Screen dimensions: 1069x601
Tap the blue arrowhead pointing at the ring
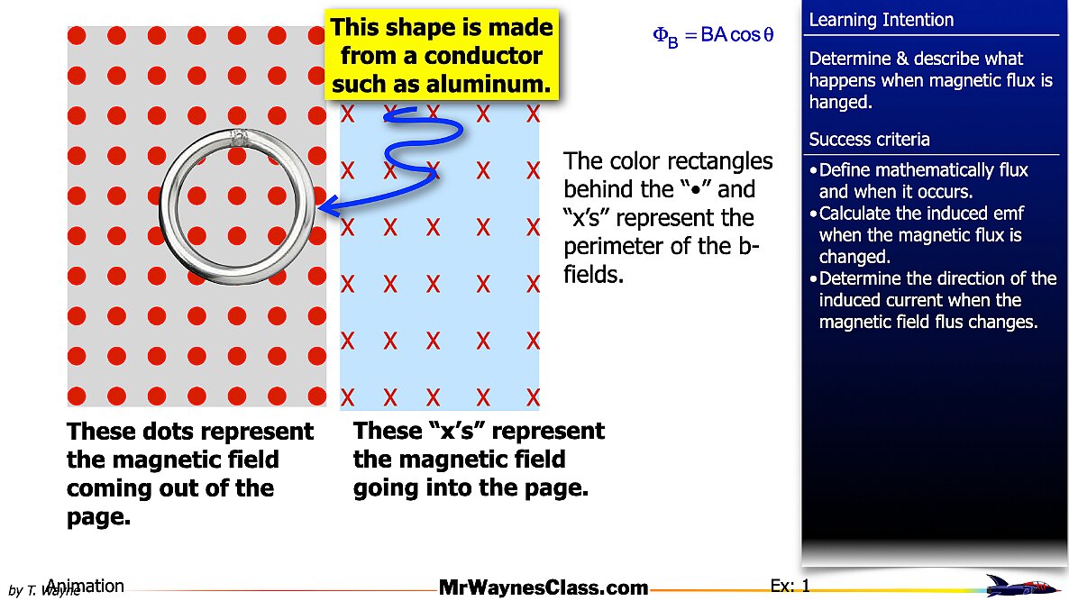(x=330, y=205)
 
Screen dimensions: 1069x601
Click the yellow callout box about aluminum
(x=442, y=55)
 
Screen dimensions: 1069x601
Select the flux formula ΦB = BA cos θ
(x=713, y=35)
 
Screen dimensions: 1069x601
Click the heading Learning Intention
(x=881, y=20)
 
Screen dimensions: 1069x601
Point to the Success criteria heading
(x=869, y=139)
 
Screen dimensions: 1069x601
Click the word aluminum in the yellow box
(x=489, y=84)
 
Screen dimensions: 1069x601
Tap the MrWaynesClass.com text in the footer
(x=544, y=587)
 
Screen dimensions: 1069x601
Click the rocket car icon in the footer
(x=1019, y=586)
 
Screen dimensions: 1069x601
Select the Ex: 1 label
(x=790, y=586)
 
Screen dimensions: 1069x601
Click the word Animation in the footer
(x=86, y=586)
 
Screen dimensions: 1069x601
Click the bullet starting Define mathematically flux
(x=918, y=180)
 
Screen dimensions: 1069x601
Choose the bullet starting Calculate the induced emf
(x=917, y=235)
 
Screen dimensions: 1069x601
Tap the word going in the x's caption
(x=386, y=488)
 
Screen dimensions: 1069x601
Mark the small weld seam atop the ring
(x=238, y=137)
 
